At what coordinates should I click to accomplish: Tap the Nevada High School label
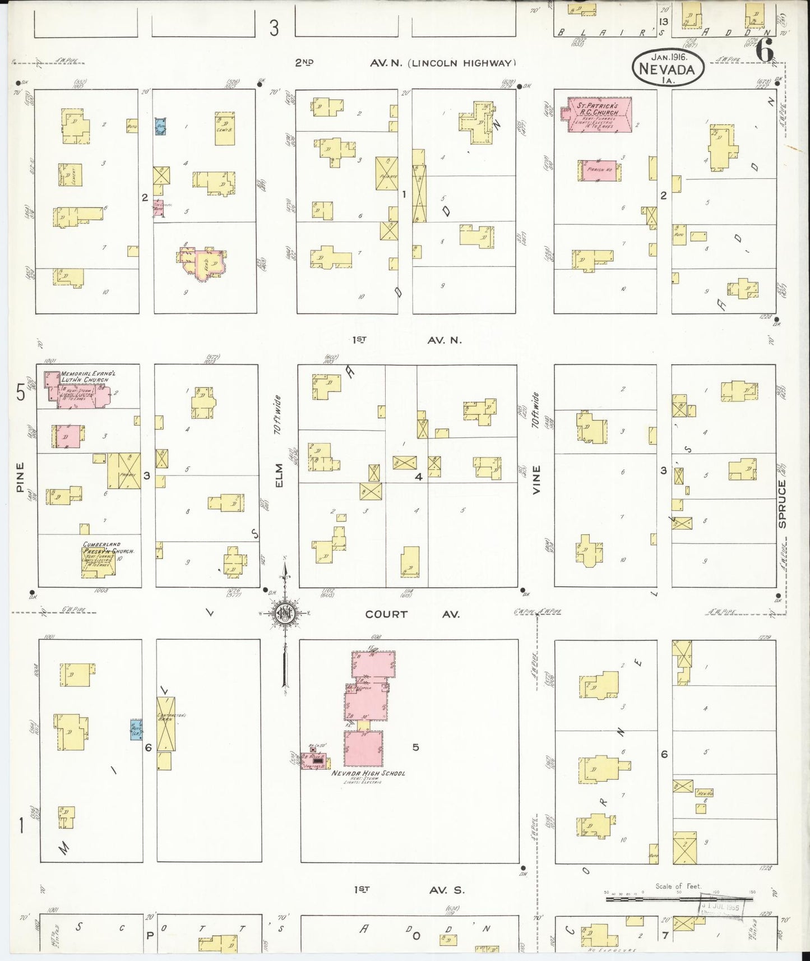368,773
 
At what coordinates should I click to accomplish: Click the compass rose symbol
285,613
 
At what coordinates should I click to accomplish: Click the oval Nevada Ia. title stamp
668,69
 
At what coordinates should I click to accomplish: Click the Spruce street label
783,503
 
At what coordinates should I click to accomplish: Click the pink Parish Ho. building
599,170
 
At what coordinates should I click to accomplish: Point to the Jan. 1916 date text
669,57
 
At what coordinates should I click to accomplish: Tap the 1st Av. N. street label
407,340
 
